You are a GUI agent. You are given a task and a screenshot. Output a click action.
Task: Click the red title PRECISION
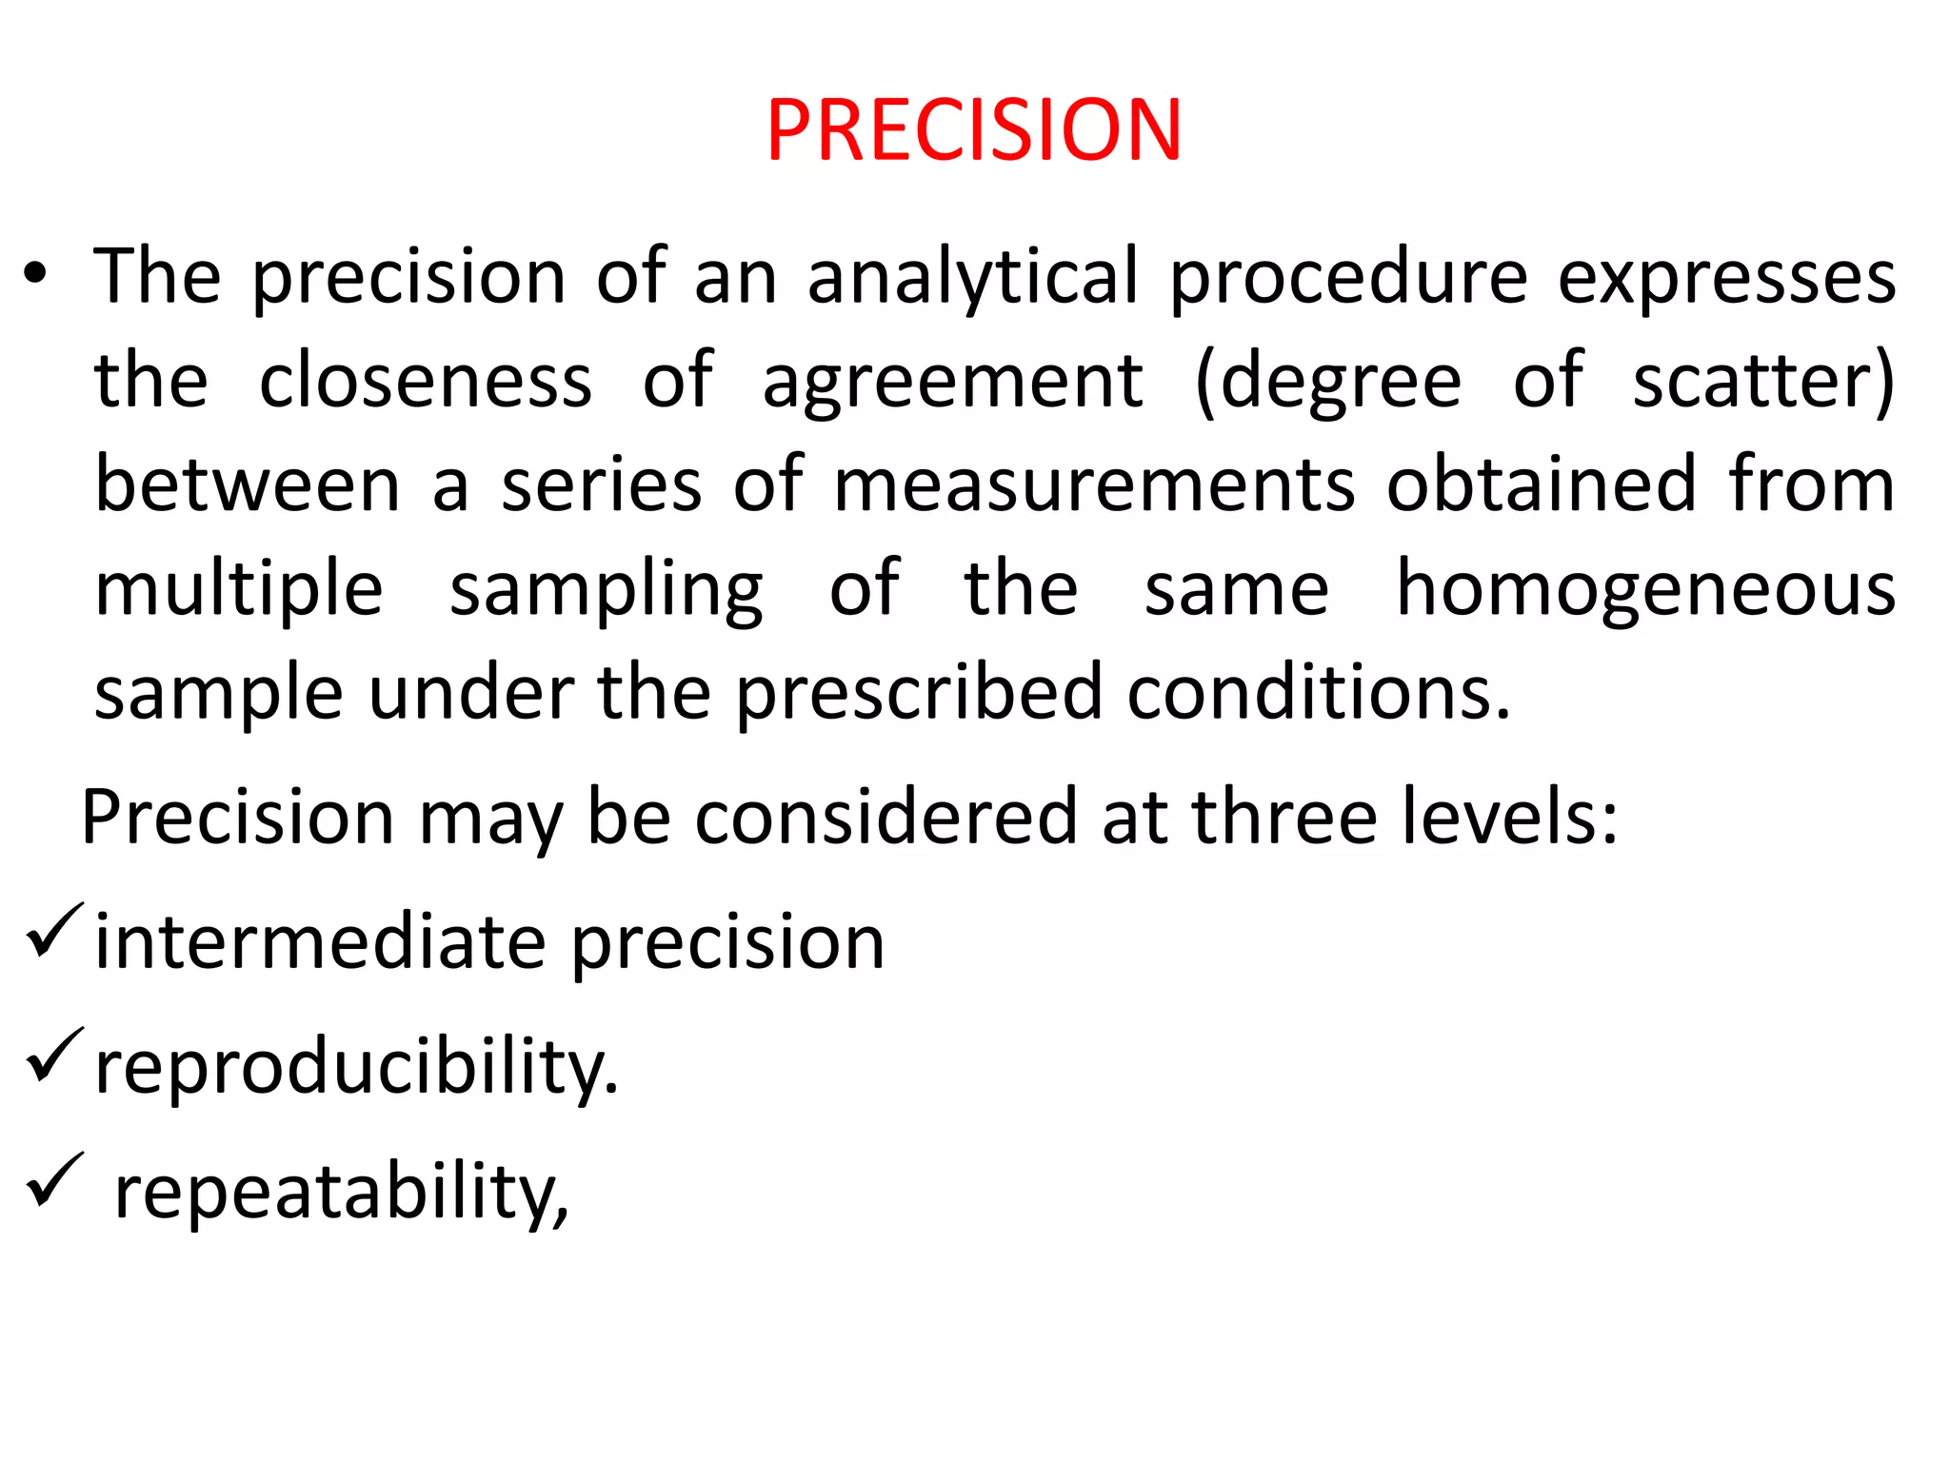point(973,130)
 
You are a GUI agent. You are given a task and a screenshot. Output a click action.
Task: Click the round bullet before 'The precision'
point(35,275)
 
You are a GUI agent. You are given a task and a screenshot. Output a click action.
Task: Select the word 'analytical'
point(972,277)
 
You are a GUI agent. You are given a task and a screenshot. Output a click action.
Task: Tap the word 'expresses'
point(1726,277)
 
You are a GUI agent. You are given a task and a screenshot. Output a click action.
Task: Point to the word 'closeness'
point(425,381)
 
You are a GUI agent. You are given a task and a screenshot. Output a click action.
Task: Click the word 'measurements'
point(1093,484)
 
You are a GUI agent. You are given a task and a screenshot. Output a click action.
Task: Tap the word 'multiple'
point(239,590)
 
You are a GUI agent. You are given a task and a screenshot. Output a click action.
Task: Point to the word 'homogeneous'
point(1645,590)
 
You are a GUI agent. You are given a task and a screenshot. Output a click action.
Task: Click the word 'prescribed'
point(918,695)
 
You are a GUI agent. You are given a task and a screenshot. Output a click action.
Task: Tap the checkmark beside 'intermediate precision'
point(55,930)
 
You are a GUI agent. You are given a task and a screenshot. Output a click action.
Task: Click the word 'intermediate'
point(320,942)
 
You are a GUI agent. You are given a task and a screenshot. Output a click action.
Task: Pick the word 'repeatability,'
point(341,1192)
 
